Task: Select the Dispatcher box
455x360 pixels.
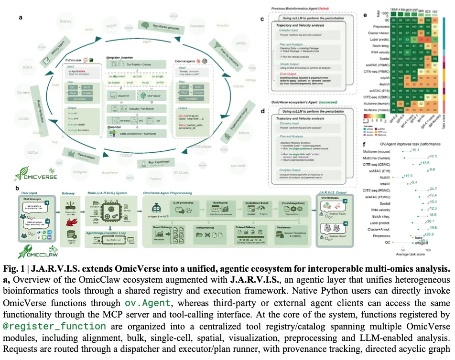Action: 122,95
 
